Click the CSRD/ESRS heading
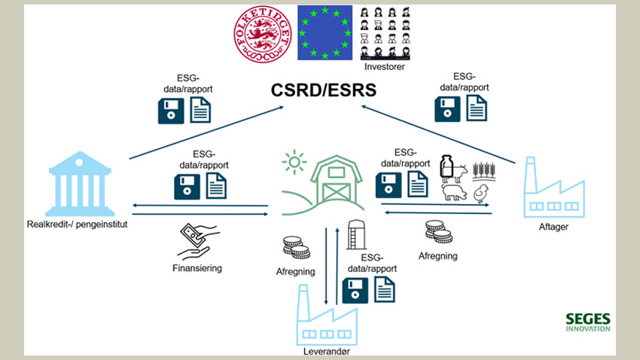tap(323, 92)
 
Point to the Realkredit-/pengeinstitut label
tap(76, 224)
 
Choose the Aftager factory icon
tap(555, 188)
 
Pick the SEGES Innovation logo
tap(587, 322)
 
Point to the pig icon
tap(454, 194)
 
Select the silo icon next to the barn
tap(356, 233)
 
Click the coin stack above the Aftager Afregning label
tap(437, 230)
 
